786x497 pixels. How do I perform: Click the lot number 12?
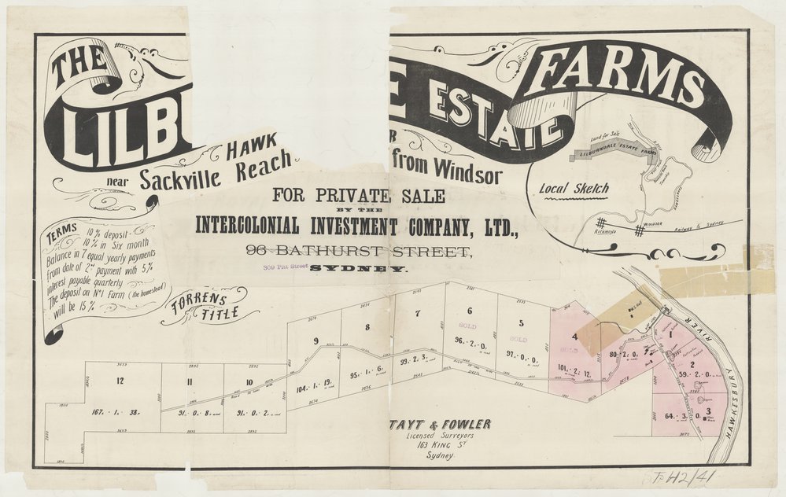coord(120,381)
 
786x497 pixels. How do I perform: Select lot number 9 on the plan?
coord(316,341)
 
